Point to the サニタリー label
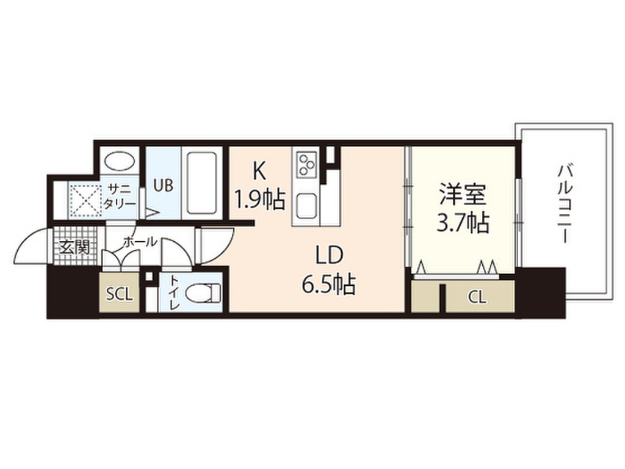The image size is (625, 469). coord(120,195)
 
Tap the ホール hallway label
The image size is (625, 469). coord(140,242)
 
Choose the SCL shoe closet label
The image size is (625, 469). coord(119,294)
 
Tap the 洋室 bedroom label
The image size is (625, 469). coord(463,195)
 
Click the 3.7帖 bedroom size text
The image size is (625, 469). coord(463,224)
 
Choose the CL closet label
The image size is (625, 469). coord(477,298)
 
